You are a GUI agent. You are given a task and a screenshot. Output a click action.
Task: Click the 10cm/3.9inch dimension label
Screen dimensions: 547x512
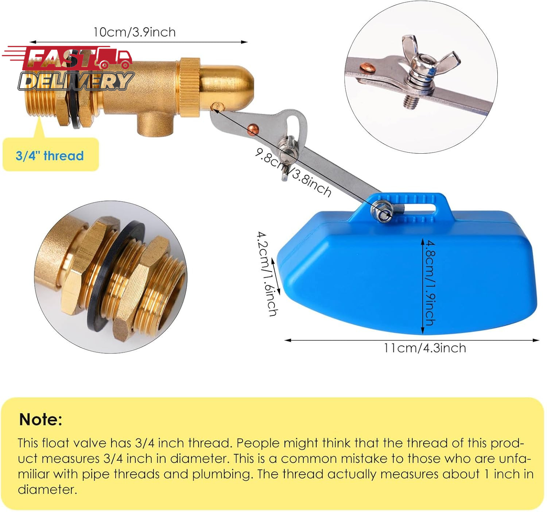pyautogui.click(x=135, y=32)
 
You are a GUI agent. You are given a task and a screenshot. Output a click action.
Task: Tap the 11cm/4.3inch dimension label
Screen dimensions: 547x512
pyautogui.click(x=425, y=348)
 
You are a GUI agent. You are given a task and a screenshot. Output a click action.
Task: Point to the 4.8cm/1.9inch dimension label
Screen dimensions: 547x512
pyautogui.click(x=430, y=283)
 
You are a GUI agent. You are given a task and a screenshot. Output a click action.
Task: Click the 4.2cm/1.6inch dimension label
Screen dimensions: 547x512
pyautogui.click(x=267, y=274)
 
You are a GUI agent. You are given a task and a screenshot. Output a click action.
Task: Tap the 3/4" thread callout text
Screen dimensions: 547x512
pyautogui.click(x=50, y=156)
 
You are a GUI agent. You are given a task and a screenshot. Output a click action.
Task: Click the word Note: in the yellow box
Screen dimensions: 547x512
pyautogui.click(x=41, y=420)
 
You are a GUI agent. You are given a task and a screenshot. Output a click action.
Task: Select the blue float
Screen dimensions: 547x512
pyautogui.click(x=407, y=264)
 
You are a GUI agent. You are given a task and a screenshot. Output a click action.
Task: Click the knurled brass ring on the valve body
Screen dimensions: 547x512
pyautogui.click(x=190, y=87)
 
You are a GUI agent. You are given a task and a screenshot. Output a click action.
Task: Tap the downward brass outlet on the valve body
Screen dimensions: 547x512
pyautogui.click(x=155, y=124)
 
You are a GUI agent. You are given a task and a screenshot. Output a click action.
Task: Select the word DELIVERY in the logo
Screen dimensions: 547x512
pyautogui.click(x=76, y=81)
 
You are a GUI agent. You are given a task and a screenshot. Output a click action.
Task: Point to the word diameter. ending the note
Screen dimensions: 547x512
pyautogui.click(x=47, y=489)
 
